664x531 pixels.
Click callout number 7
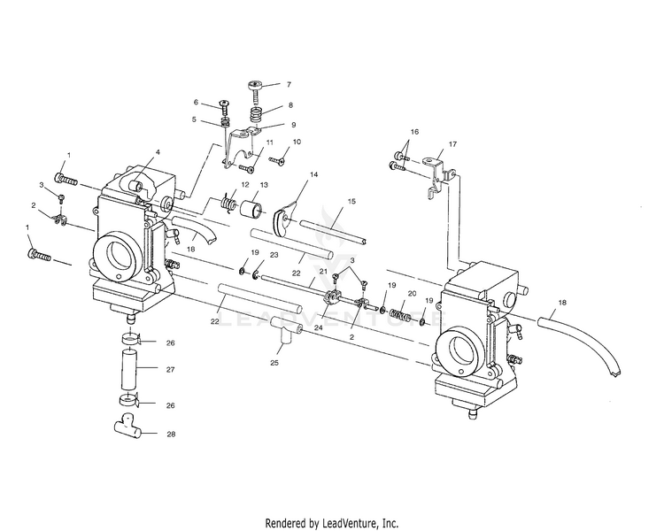click(287, 84)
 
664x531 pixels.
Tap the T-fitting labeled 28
click(127, 431)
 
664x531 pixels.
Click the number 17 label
click(452, 143)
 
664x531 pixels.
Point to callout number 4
click(158, 152)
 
